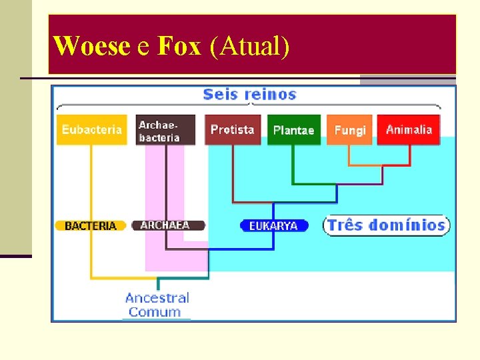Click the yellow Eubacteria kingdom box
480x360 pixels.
[x=92, y=129]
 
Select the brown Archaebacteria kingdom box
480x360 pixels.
[x=166, y=130]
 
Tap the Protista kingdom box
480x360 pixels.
[x=233, y=129]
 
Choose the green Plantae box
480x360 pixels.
[x=293, y=130]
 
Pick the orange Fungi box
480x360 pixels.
[x=350, y=130]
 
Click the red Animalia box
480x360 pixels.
[x=409, y=129]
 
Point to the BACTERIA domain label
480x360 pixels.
[x=91, y=226]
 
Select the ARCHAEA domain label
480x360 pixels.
[x=166, y=225]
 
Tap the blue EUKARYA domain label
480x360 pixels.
[x=273, y=226]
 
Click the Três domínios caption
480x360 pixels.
[x=387, y=225]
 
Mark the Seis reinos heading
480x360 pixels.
[x=249, y=94]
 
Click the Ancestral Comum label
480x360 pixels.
[x=157, y=305]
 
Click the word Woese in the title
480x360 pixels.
[x=91, y=46]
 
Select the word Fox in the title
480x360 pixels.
[x=179, y=46]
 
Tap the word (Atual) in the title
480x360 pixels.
[x=249, y=46]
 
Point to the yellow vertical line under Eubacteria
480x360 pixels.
[x=91, y=187]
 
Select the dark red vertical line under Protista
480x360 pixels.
[x=233, y=173]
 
